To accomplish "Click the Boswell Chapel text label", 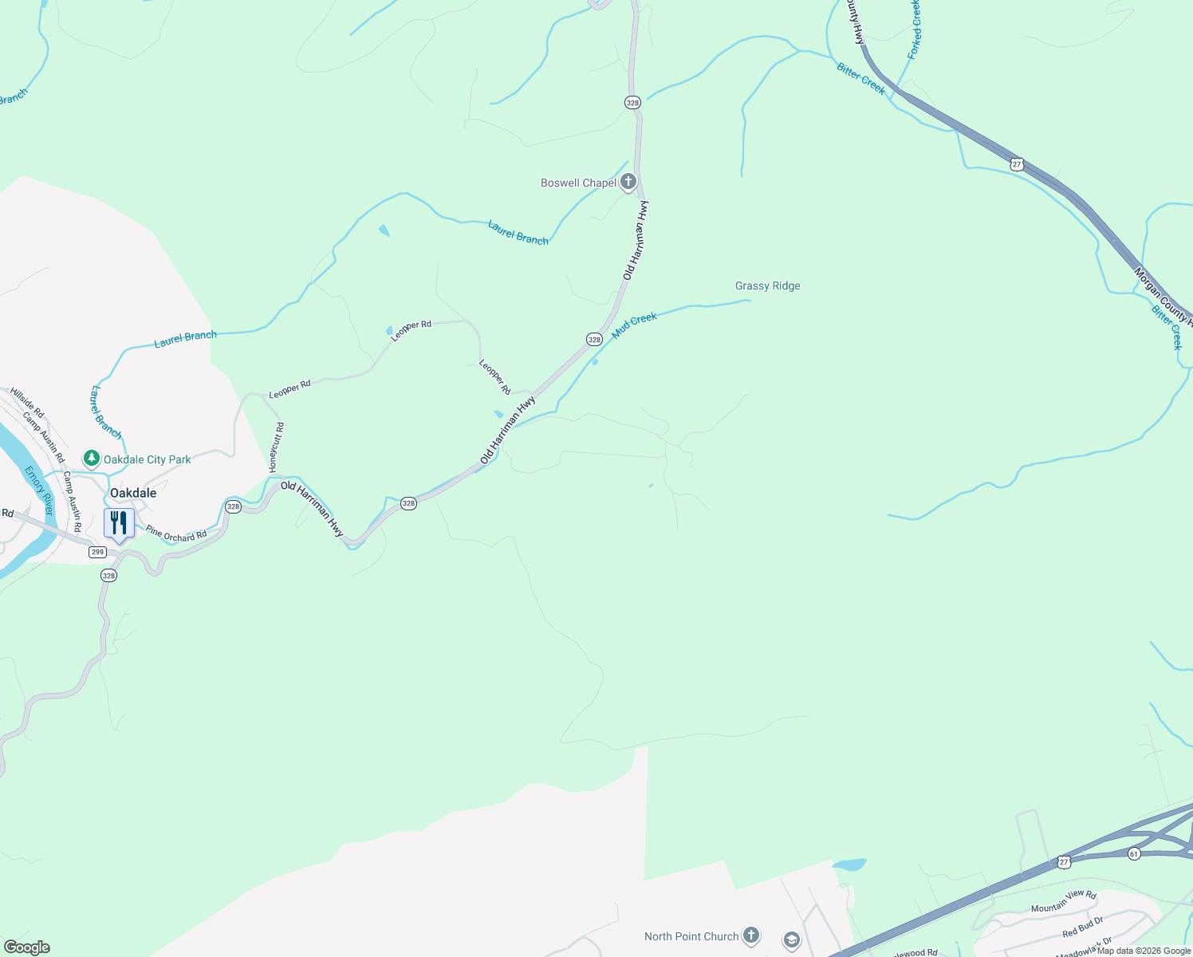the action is click(578, 183).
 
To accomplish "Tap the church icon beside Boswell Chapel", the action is click(628, 183).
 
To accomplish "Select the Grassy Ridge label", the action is click(767, 286).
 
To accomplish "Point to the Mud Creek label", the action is click(635, 325).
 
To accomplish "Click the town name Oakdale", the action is click(133, 493).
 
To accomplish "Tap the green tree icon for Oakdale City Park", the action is click(92, 459).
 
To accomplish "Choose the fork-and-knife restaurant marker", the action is click(119, 523).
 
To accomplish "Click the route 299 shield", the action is click(97, 552).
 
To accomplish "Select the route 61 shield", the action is click(1134, 853).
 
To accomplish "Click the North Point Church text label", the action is click(691, 936).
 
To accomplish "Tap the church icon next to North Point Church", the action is click(750, 936).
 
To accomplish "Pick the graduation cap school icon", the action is click(791, 940).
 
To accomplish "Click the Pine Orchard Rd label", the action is click(176, 534).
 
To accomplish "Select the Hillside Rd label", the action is click(27, 403).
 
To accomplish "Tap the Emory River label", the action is click(37, 490).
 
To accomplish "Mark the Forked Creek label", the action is click(915, 30).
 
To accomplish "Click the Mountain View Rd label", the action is click(1064, 902).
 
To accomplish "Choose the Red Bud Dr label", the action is click(1082, 927).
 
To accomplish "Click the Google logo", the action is click(26, 947).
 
